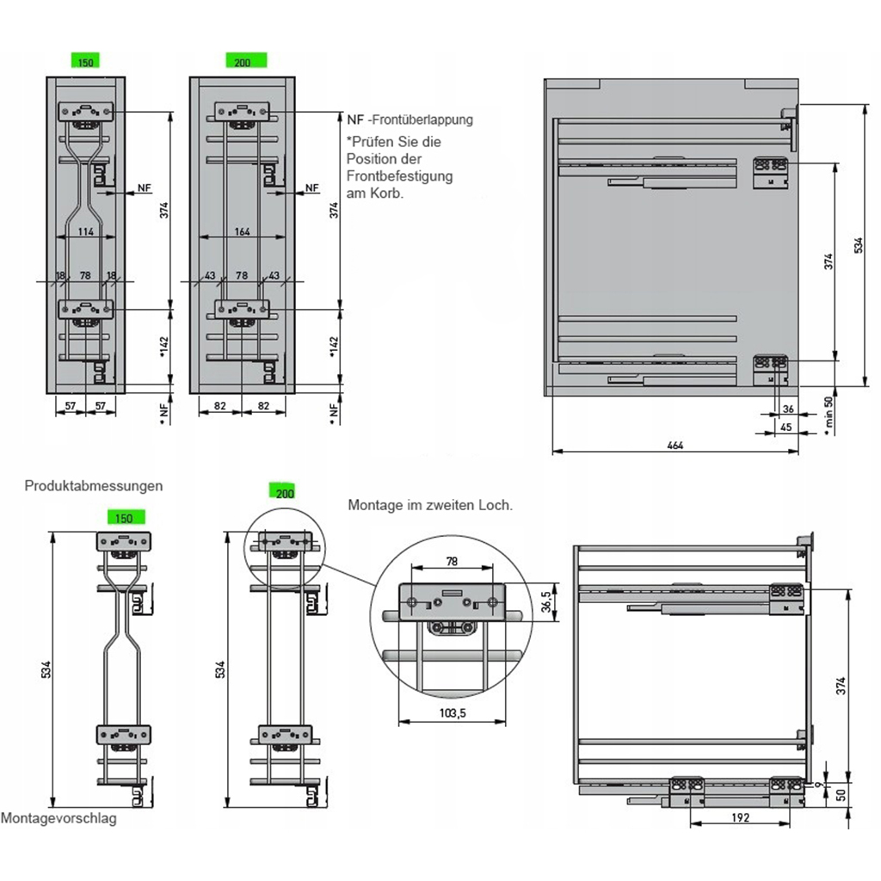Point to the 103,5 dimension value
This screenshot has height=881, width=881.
click(451, 713)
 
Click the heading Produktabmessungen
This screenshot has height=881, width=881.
click(94, 485)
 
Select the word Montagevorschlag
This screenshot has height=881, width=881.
click(59, 818)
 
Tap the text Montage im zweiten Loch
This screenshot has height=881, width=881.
click(430, 505)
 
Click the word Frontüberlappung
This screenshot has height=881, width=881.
click(422, 120)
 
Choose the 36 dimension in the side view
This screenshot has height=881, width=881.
click(789, 409)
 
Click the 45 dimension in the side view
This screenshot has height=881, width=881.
click(786, 425)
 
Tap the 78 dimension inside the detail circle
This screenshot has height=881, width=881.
click(451, 560)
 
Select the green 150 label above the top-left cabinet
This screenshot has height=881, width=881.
click(86, 61)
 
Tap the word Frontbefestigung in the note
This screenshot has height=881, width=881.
click(399, 176)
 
